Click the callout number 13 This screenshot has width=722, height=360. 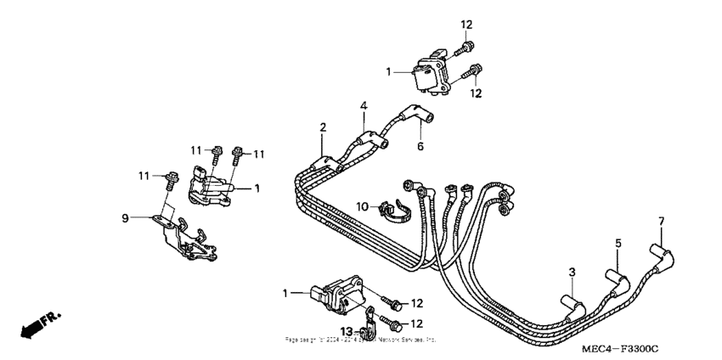click(347, 330)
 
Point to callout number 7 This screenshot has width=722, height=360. click(662, 222)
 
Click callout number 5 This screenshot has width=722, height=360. click(618, 243)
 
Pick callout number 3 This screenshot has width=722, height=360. click(572, 271)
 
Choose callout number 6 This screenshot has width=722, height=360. click(419, 146)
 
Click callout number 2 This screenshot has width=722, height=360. click(323, 127)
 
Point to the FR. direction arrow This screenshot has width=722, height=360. click(39, 323)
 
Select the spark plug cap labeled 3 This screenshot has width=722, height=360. click(570, 304)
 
